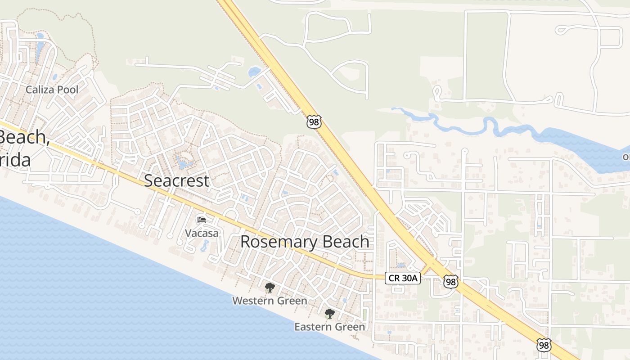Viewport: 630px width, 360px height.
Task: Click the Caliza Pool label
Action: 52,90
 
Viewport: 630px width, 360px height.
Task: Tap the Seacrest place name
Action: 176,180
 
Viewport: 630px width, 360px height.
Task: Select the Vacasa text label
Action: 202,233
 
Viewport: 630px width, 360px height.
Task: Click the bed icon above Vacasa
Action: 202,220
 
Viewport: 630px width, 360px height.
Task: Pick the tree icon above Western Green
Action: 270,288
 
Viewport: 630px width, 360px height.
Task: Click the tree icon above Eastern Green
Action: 330,314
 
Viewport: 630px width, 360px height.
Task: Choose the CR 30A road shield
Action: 403,278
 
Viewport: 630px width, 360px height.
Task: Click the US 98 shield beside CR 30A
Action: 450,282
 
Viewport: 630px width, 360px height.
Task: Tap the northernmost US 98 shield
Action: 314,122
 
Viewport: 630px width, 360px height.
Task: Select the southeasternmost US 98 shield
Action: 544,345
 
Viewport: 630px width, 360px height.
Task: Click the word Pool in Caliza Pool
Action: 68,90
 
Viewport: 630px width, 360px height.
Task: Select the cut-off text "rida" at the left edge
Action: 15,160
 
